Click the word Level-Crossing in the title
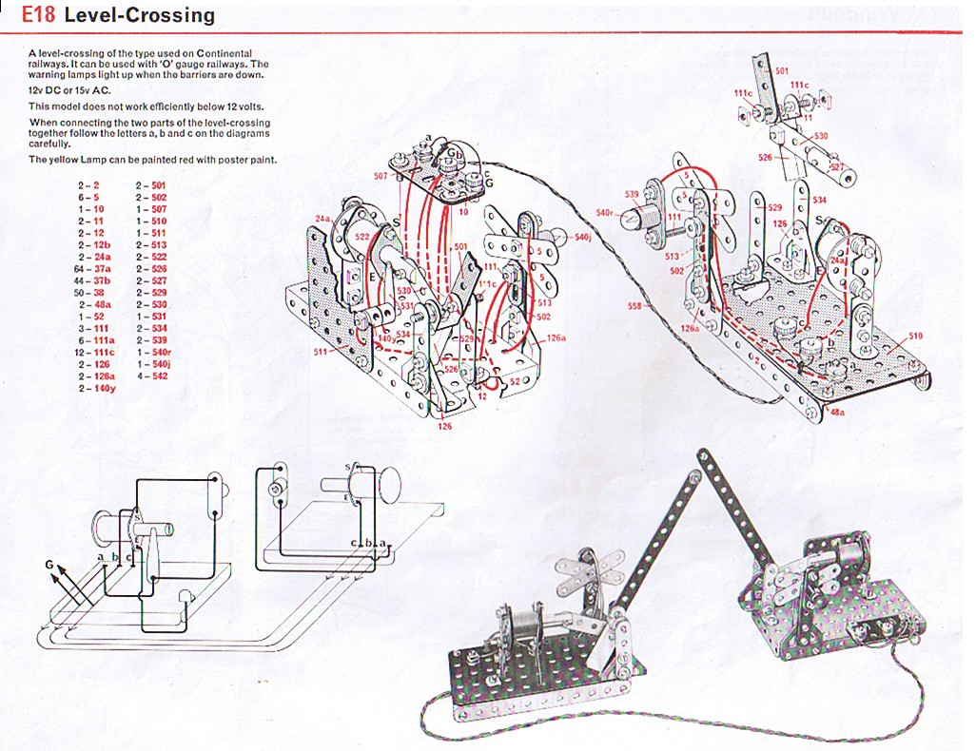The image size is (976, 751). click(138, 16)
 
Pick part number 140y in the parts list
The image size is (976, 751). click(103, 388)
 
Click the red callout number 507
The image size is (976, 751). click(381, 176)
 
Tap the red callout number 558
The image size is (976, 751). click(634, 306)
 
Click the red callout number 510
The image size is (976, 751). click(915, 336)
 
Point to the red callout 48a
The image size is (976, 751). click(836, 412)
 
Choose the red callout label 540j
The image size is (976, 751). click(584, 236)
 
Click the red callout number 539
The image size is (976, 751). click(632, 194)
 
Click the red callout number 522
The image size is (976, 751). click(361, 236)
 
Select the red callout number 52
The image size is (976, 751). click(513, 381)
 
